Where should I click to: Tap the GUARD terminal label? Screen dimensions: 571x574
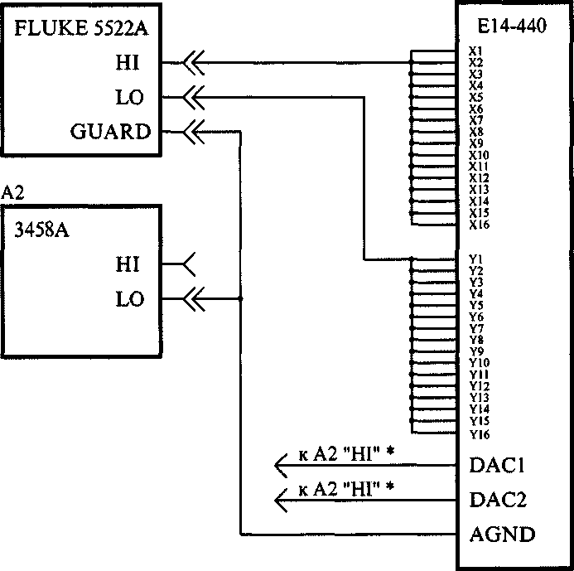[109, 133]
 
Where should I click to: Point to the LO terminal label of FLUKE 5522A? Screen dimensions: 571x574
[129, 98]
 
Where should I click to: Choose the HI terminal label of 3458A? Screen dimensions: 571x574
[128, 265]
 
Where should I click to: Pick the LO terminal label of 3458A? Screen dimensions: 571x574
[129, 300]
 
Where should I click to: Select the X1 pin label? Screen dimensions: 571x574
[475, 51]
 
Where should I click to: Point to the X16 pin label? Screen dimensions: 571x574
[478, 225]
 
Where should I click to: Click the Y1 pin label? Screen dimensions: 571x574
[475, 259]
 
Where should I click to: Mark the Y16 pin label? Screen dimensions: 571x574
[478, 434]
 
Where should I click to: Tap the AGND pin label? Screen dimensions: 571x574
[502, 535]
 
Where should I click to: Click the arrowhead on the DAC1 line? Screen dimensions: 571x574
[282, 466]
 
